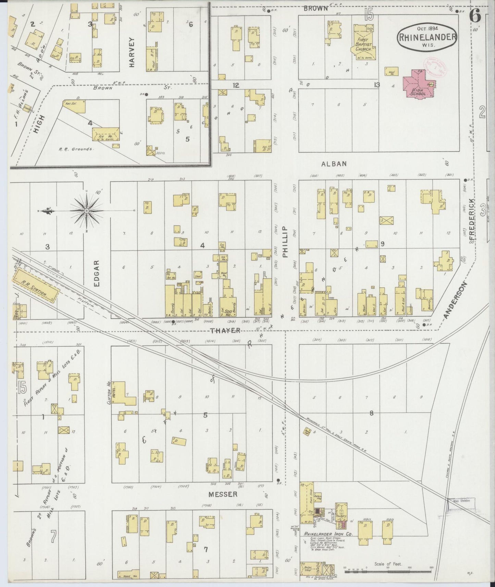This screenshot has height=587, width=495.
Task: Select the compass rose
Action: pos(86,210)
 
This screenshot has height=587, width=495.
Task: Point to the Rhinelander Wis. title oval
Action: pos(427,38)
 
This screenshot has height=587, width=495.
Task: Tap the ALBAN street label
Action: pos(334,164)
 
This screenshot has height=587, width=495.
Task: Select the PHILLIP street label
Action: pos(285,242)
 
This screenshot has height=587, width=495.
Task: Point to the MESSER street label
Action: pos(223,494)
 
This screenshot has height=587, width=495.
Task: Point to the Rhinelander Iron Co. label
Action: pos(324,534)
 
